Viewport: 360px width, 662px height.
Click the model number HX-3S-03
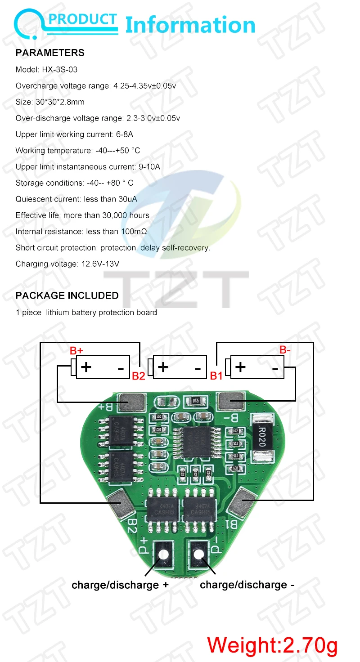54,70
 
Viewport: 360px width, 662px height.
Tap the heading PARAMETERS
50,53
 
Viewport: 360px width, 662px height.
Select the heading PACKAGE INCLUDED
67,295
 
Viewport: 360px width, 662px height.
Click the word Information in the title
190,25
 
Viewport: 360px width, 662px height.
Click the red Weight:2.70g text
272,645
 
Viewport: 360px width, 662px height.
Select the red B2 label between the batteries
138,376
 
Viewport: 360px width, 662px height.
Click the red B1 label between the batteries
216,376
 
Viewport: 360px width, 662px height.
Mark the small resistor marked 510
195,400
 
